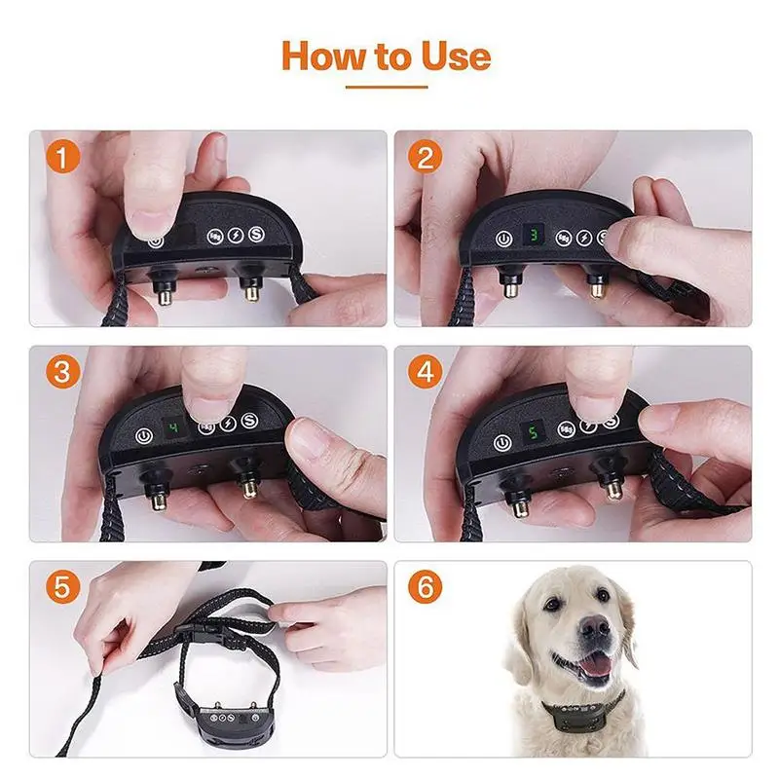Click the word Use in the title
tap(456, 56)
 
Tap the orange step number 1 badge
tap(62, 157)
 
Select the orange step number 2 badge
tap(425, 157)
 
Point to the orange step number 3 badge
tap(62, 371)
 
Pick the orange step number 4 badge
tap(425, 371)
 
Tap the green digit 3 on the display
tap(534, 235)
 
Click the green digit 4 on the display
tap(174, 427)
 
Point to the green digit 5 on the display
tap(533, 432)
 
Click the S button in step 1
tap(256, 234)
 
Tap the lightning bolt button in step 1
tap(235, 236)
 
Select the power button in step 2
tap(503, 239)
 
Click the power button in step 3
tap(143, 436)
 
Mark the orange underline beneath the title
tap(387, 87)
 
